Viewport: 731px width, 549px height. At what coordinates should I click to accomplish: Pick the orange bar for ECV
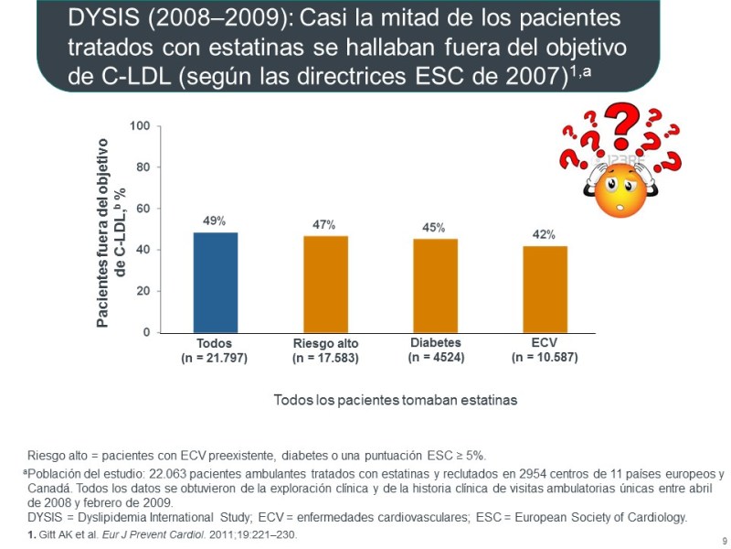tap(545, 289)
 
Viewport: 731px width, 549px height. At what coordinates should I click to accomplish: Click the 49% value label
tap(215, 221)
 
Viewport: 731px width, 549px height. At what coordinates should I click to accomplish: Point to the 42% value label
tap(545, 235)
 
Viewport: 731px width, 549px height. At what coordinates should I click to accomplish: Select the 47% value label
tap(324, 225)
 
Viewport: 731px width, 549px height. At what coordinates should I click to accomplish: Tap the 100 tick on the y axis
tap(140, 125)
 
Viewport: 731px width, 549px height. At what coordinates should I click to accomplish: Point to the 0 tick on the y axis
tap(147, 332)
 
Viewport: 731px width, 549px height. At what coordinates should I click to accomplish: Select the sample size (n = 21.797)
tap(215, 358)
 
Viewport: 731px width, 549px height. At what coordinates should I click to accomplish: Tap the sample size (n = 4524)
tap(436, 357)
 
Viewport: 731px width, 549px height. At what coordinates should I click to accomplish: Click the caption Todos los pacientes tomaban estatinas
tap(396, 401)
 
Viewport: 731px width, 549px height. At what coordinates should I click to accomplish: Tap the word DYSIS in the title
tap(101, 18)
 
